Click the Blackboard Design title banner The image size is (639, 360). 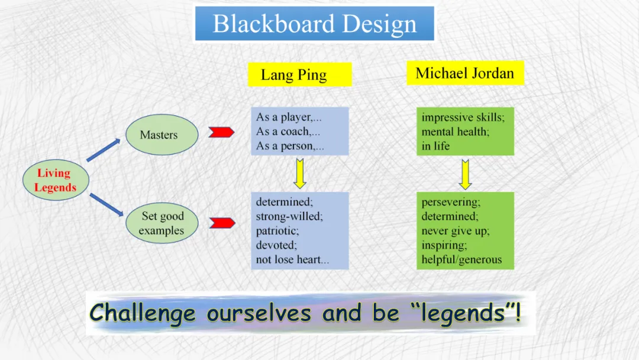(314, 24)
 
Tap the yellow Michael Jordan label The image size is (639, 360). (465, 73)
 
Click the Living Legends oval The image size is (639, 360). (56, 180)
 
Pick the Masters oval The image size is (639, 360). (159, 134)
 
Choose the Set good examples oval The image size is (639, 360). (162, 223)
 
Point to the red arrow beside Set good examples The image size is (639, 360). (222, 223)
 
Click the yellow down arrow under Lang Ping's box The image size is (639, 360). (299, 172)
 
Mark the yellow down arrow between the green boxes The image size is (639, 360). (465, 173)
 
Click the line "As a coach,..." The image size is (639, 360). (288, 131)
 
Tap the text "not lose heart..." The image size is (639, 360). (292, 259)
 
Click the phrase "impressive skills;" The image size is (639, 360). (463, 117)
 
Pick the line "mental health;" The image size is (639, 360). (455, 131)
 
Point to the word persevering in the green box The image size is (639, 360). (450, 202)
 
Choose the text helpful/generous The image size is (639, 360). (461, 259)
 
